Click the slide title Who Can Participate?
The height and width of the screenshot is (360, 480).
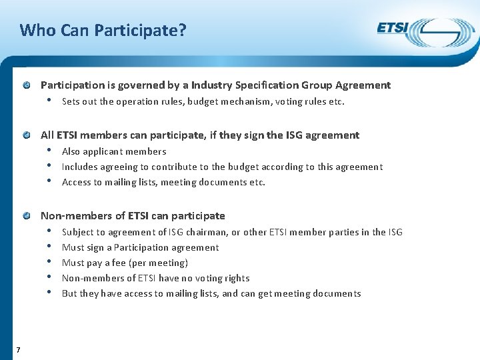point(103,30)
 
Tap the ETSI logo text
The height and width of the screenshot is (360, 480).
point(393,28)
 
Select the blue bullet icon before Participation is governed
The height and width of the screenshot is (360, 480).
point(26,85)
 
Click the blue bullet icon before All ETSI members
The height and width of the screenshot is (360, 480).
point(26,135)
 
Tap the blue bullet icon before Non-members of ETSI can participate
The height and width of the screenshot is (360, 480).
point(26,216)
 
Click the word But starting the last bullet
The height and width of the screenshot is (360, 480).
point(69,293)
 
